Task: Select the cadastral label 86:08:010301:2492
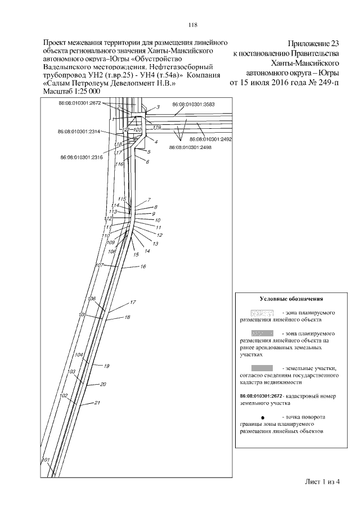point(211,139)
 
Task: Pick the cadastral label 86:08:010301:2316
point(82,157)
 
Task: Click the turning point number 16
point(143,265)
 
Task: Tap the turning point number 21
point(97,403)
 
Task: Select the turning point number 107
point(100,265)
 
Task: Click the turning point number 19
point(106,366)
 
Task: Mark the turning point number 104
point(79,355)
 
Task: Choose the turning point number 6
point(147,162)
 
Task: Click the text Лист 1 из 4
point(323,481)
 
